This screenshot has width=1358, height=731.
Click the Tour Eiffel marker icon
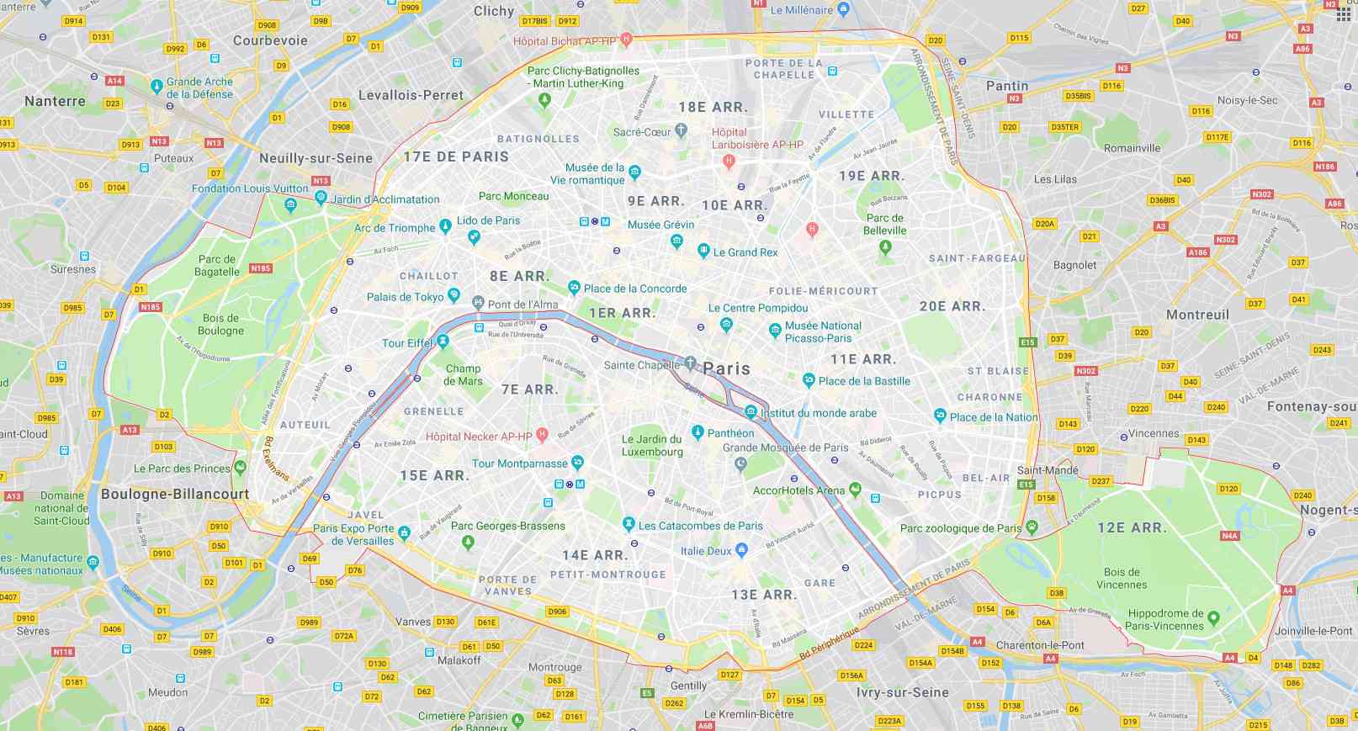[443, 342]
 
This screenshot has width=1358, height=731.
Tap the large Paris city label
[726, 368]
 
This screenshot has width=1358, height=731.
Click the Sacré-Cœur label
[642, 132]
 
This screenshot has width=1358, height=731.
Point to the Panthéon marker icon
[698, 432]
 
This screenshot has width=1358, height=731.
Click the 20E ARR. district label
[952, 307]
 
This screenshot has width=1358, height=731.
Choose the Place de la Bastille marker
[809, 380]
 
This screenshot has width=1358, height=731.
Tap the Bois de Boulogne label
[220, 325]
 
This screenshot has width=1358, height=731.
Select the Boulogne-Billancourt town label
[175, 494]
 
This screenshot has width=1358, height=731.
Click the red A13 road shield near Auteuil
[130, 430]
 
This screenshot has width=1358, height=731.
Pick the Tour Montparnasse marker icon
[577, 463]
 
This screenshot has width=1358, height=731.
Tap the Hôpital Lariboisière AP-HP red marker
[729, 160]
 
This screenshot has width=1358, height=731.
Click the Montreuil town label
[1197, 315]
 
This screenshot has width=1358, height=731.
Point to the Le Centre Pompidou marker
[726, 324]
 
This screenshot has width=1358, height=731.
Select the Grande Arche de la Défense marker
[156, 86]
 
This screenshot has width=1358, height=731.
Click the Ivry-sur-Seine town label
[902, 692]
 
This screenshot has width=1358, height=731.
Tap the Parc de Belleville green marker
[884, 246]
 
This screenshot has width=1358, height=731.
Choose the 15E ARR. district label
[434, 476]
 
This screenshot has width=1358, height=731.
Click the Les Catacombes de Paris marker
[628, 525]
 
